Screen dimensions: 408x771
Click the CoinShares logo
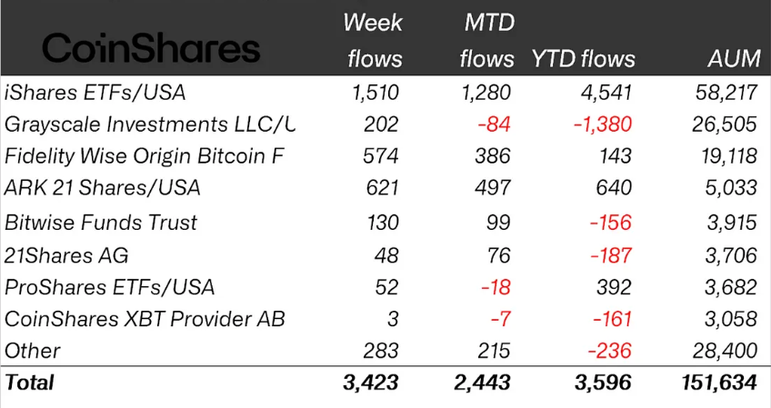tap(151, 48)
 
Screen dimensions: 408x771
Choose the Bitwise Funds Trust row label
tap(101, 223)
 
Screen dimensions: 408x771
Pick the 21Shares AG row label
tap(62, 255)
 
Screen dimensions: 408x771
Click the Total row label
tap(30, 383)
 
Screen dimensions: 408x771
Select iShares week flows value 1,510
tap(373, 92)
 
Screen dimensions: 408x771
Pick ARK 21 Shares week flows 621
tap(380, 189)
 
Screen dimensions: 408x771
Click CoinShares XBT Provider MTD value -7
tap(500, 319)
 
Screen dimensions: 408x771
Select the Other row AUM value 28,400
tap(724, 351)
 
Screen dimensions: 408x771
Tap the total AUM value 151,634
tap(717, 383)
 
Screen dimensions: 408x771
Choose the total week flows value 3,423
tap(372, 383)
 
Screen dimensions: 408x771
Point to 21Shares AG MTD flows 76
tap(499, 255)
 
